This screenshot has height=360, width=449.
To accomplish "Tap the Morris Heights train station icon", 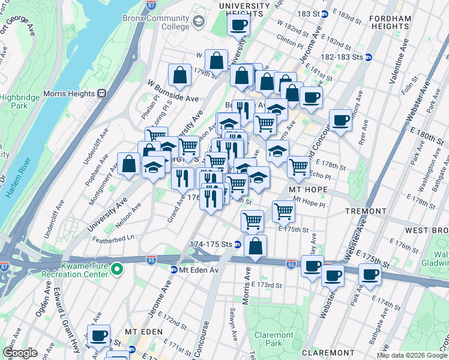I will (101, 94).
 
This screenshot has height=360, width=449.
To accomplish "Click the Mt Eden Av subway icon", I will (174, 270).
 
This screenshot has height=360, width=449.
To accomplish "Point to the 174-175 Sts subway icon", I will (238, 244).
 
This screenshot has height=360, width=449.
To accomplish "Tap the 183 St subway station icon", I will (324, 13).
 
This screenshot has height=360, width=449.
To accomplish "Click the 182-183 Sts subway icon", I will (369, 57).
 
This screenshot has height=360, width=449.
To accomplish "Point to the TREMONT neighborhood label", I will (366, 212).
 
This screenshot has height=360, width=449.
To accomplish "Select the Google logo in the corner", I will (20, 353).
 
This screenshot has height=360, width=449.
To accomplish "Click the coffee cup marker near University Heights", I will (238, 25).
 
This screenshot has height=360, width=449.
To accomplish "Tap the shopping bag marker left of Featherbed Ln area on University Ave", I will (129, 163).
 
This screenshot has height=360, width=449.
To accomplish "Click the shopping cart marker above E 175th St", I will (253, 221).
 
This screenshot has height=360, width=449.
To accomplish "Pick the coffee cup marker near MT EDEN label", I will (98, 335).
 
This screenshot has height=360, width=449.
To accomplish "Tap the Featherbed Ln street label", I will (113, 238).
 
